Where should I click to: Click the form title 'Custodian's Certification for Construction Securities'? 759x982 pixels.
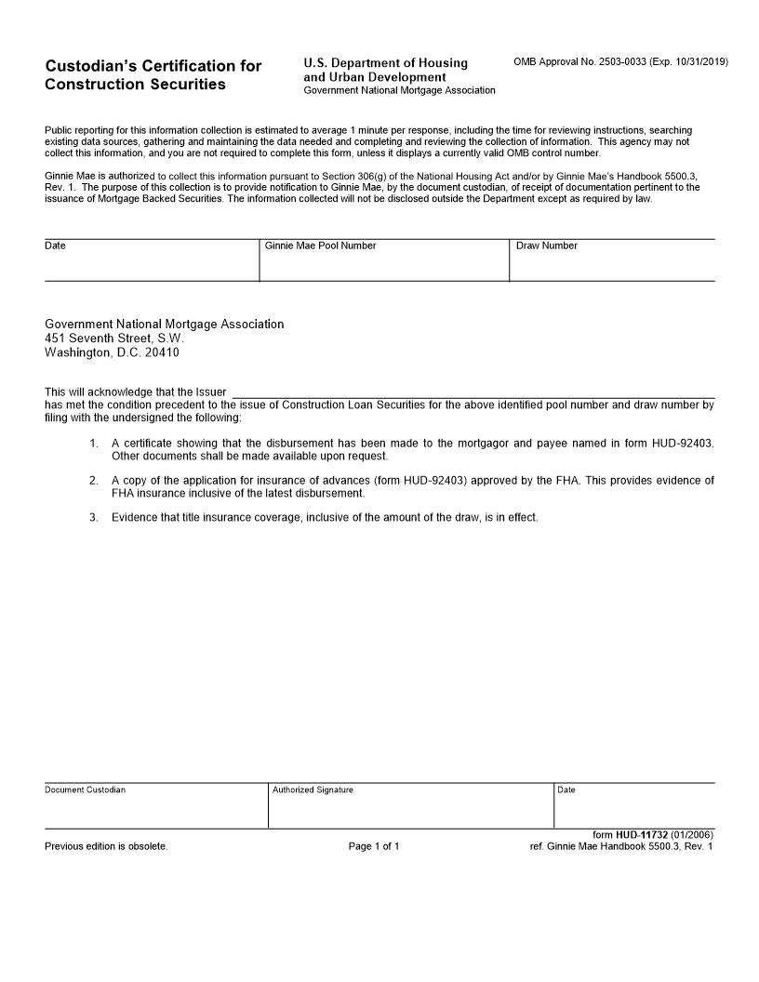pyautogui.click(x=153, y=74)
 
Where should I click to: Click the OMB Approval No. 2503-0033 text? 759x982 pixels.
pyautogui.click(x=620, y=61)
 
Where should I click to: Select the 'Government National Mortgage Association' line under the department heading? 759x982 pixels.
pyautogui.click(x=399, y=90)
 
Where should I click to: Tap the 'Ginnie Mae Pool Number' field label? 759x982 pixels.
pyautogui.click(x=320, y=245)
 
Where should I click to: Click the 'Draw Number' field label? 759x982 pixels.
pyautogui.click(x=546, y=245)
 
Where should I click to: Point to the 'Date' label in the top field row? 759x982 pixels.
pyautogui.click(x=55, y=245)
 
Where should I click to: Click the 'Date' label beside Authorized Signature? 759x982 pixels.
pyautogui.click(x=566, y=790)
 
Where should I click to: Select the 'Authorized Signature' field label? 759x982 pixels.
pyautogui.click(x=313, y=790)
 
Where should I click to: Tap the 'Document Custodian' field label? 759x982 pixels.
pyautogui.click(x=85, y=790)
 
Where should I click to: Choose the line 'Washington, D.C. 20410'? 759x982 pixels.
pyautogui.click(x=112, y=353)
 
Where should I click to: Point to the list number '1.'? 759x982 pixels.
pyautogui.click(x=94, y=443)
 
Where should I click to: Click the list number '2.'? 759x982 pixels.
pyautogui.click(x=94, y=480)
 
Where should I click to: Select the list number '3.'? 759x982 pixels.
pyautogui.click(x=94, y=517)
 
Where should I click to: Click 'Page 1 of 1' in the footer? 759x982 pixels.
pyautogui.click(x=374, y=846)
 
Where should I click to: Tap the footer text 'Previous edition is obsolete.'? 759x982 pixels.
pyautogui.click(x=106, y=846)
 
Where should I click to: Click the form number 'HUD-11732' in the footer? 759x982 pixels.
pyautogui.click(x=641, y=835)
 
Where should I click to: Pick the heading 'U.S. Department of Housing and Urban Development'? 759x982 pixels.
pyautogui.click(x=385, y=69)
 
